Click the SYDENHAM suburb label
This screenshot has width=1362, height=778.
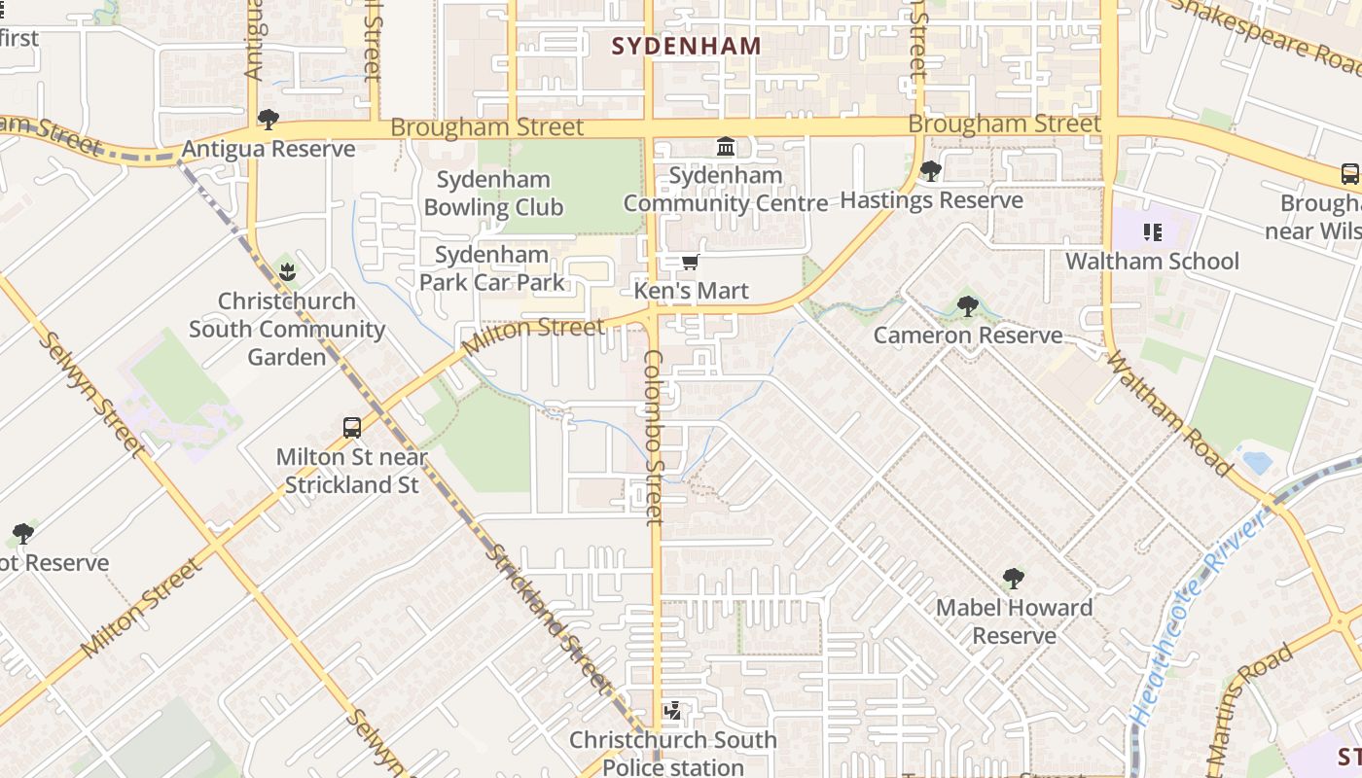687,45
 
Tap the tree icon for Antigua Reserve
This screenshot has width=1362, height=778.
269,120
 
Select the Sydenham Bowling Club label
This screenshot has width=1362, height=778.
493,193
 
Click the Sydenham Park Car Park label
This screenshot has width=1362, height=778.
491,268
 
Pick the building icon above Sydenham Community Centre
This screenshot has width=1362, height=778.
726,147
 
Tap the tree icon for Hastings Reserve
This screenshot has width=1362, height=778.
930,171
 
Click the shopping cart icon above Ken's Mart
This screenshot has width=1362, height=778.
691,262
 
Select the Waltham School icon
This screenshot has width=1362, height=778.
1153,231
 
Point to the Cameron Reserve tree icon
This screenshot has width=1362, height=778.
967,307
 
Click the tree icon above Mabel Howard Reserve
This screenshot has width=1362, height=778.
1014,579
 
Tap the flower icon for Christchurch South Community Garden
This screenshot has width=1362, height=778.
286,271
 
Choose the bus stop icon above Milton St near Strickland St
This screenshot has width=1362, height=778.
352,427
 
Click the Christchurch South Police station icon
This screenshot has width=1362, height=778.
672,711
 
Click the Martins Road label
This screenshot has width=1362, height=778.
1250,710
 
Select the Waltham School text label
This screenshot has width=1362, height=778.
1153,261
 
